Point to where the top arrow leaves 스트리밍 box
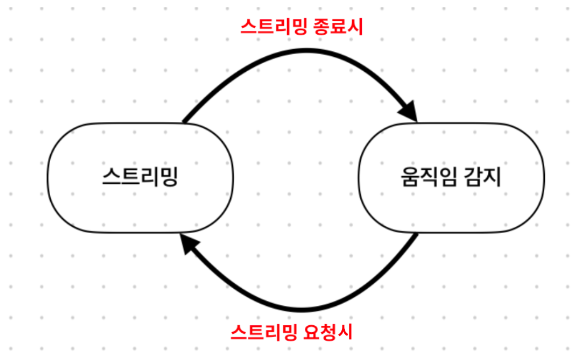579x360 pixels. point(183,121)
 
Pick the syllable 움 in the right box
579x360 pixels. point(409,177)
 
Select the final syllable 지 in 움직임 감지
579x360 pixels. point(493,177)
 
